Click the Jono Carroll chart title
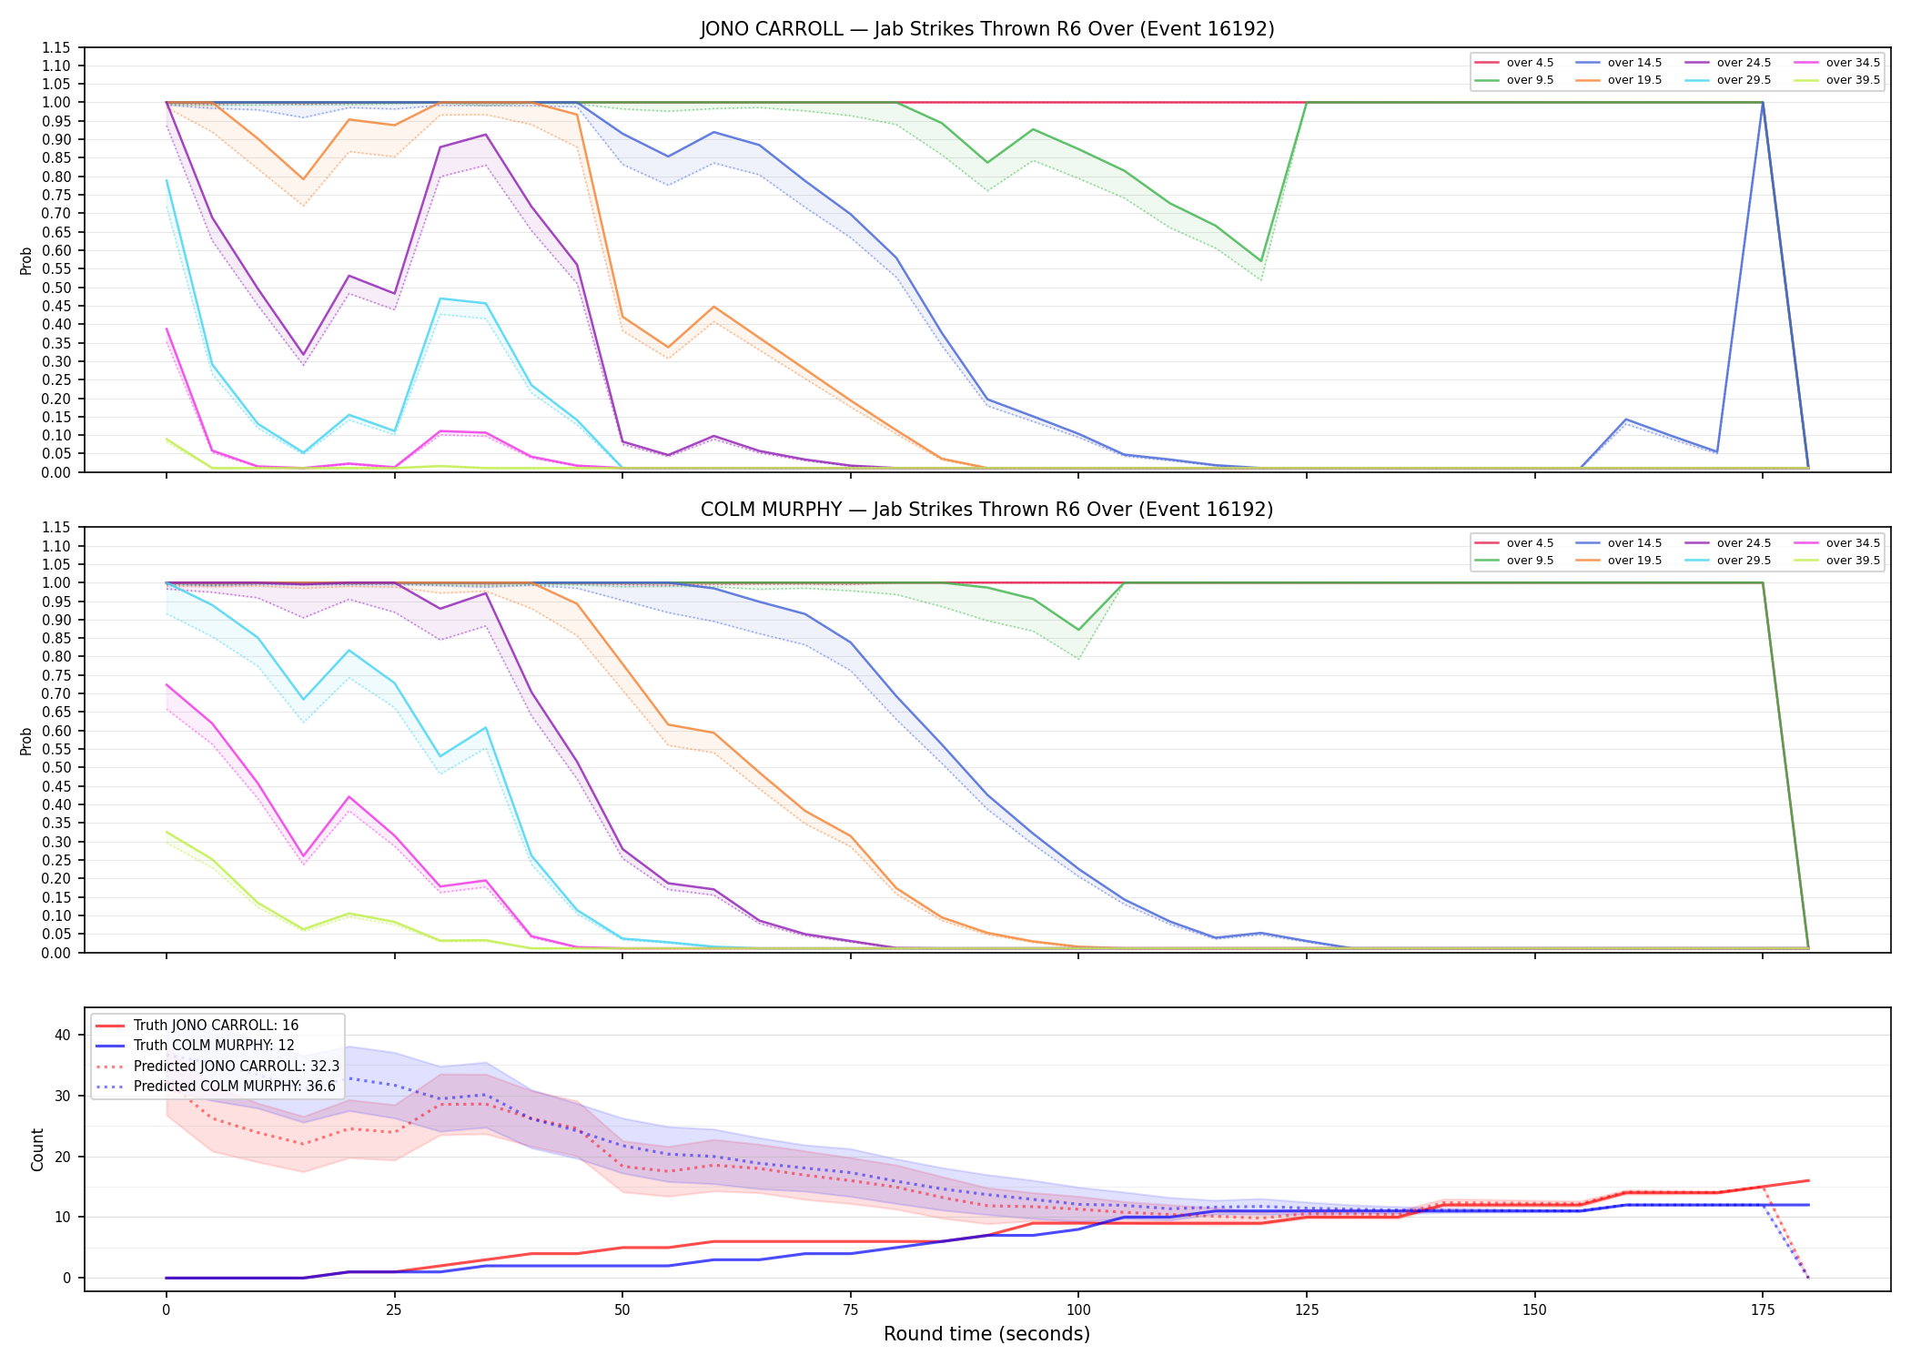(x=986, y=29)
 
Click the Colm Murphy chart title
(x=986, y=510)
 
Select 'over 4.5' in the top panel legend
(x=1530, y=63)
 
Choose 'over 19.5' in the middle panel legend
(x=1634, y=561)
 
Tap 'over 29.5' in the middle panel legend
(x=1744, y=561)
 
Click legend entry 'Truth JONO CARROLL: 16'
(x=216, y=1026)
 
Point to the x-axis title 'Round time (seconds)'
(x=986, y=1334)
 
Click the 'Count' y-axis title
(x=37, y=1149)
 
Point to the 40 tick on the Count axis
(x=63, y=1035)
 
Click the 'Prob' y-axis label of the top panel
(x=26, y=260)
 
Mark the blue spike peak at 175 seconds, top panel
(x=1763, y=103)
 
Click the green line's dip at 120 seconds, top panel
(x=1261, y=261)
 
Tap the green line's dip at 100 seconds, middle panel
(x=1078, y=630)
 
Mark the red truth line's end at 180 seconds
(x=1808, y=1180)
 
